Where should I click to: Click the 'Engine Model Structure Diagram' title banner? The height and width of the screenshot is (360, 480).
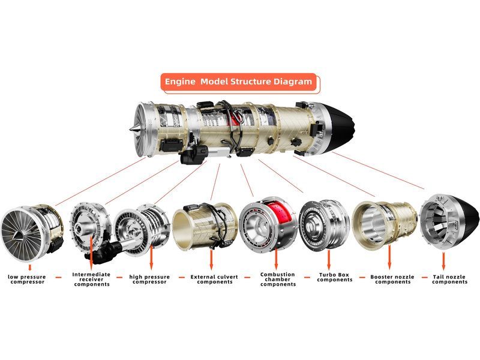click(x=238, y=82)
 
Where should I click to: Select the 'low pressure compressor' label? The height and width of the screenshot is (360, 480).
click(x=27, y=279)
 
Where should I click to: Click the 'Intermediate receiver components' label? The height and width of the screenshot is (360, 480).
click(x=91, y=279)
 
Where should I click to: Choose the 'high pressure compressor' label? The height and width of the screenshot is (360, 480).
click(x=149, y=279)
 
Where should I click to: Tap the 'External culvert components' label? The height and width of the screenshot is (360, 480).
click(x=214, y=279)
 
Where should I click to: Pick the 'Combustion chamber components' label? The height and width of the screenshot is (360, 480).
click(x=278, y=279)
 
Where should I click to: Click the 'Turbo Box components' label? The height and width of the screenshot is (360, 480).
click(x=334, y=277)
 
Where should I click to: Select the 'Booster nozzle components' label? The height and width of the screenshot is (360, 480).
click(x=392, y=279)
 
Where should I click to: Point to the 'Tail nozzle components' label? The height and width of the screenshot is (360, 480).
click(x=449, y=279)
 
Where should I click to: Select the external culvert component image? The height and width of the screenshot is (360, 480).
click(x=205, y=226)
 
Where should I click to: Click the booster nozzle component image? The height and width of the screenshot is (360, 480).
click(x=384, y=223)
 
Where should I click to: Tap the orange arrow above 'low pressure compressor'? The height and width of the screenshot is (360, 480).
click(x=29, y=268)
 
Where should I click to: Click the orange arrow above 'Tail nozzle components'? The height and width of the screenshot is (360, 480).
click(x=443, y=261)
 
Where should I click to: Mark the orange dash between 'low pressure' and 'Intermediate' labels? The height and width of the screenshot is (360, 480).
click(x=58, y=278)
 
